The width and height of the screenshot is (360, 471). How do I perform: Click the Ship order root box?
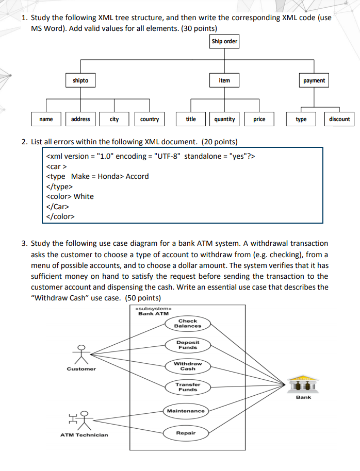pyautogui.click(x=224, y=41)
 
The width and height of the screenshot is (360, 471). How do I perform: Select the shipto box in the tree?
pyautogui.click(x=80, y=80)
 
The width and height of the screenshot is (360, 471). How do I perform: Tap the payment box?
pyautogui.click(x=314, y=80)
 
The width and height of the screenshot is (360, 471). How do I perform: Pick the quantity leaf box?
pyautogui.click(x=224, y=119)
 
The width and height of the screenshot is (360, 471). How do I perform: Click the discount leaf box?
pyautogui.click(x=339, y=119)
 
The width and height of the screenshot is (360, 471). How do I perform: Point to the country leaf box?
pyautogui.click(x=150, y=119)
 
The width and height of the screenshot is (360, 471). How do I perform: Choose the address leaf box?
pyautogui.click(x=80, y=119)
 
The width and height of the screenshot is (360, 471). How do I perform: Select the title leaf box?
pyautogui.click(x=191, y=119)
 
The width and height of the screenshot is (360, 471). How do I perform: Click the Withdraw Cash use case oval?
pyautogui.click(x=188, y=366)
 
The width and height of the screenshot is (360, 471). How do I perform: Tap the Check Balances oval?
pyautogui.click(x=188, y=324)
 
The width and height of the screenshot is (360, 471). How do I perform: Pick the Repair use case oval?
pyautogui.click(x=186, y=433)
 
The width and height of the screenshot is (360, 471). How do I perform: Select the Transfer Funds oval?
pyautogui.click(x=188, y=387)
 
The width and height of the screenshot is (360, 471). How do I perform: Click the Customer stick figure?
pyautogui.click(x=81, y=355)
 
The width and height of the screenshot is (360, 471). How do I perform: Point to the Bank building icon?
pyautogui.click(x=303, y=384)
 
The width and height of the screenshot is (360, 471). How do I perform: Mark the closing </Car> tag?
pyautogui.click(x=57, y=207)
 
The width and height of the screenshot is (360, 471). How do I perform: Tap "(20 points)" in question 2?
pyautogui.click(x=220, y=142)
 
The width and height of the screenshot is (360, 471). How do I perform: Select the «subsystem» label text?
pyautogui.click(x=153, y=309)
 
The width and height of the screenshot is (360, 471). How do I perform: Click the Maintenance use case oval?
pyautogui.click(x=186, y=411)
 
